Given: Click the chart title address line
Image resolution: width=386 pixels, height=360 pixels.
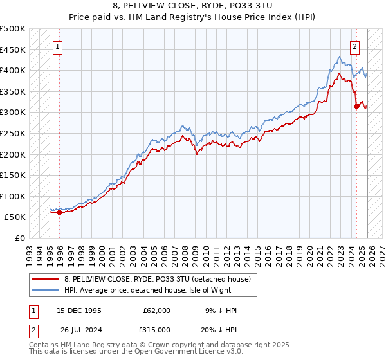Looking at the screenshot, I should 193,6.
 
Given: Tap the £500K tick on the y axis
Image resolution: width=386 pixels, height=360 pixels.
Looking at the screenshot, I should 13,29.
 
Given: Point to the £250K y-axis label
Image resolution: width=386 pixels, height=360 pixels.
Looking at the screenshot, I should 13,133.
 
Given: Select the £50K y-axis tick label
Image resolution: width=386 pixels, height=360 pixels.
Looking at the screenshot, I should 15,217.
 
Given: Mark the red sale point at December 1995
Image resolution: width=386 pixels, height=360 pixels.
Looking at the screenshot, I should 59,212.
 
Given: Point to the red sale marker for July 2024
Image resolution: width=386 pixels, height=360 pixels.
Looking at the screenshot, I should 356,107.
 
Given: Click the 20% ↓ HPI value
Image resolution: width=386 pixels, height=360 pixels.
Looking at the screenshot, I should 217,330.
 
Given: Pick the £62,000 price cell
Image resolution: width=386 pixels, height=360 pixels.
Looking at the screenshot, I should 156,310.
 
